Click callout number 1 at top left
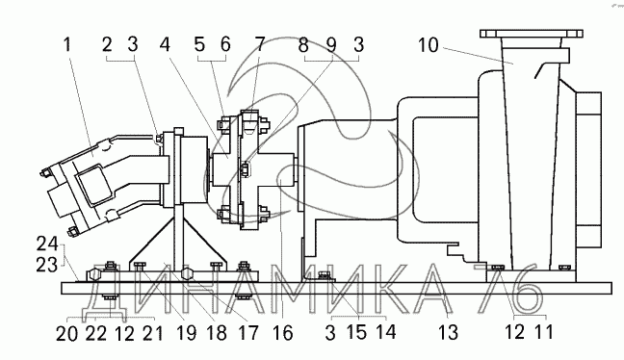coord(67,44)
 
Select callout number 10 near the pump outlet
coord(429,45)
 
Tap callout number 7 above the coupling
coord(259,44)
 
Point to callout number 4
coord(165,44)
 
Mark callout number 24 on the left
coord(47,244)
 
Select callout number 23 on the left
coord(47,265)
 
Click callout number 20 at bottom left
coord(66,333)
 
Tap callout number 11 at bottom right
coord(543,331)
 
